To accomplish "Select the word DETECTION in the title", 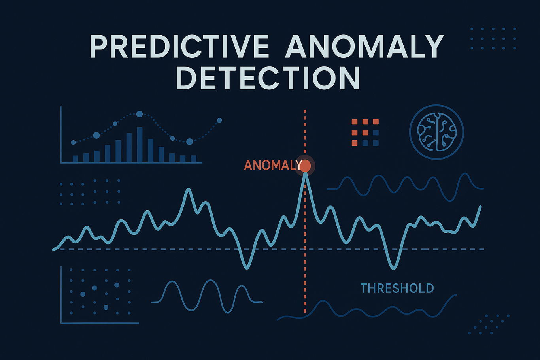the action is pyautogui.click(x=268, y=78).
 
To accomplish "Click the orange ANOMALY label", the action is pyautogui.click(x=273, y=165).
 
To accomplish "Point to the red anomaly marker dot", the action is pyautogui.click(x=305, y=166).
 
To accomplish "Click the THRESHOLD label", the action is pyautogui.click(x=397, y=288).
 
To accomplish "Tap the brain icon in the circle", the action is pyautogui.click(x=436, y=132).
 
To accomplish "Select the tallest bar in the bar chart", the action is pyautogui.click(x=140, y=145).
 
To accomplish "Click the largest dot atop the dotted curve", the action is pyautogui.click(x=140, y=114).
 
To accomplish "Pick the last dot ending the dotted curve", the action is pyautogui.click(x=219, y=120).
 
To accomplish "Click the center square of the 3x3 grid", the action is pyautogui.click(x=365, y=132).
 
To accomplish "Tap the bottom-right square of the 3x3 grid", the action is pyautogui.click(x=376, y=143).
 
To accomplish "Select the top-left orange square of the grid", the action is pyautogui.click(x=355, y=122).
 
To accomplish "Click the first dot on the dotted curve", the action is pyautogui.click(x=74, y=142).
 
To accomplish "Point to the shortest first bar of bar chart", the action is pyautogui.click(x=76, y=159).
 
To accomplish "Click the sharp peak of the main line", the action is pyautogui.click(x=306, y=173).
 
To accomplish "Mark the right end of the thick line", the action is pyautogui.click(x=481, y=207).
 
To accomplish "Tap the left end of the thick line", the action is pyautogui.click(x=53, y=249).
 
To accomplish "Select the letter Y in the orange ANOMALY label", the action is pyautogui.click(x=299, y=165).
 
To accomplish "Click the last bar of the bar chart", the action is pyautogui.click(x=194, y=159).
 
